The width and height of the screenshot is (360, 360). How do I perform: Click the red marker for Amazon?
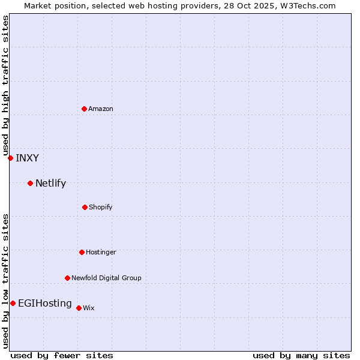coord(85,109)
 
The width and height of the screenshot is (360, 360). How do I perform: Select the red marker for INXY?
coord(10,158)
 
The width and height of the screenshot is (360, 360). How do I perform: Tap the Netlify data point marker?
coord(30,183)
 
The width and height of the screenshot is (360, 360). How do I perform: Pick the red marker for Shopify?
coord(85,207)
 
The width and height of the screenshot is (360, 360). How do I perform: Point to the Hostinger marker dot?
coord(82,252)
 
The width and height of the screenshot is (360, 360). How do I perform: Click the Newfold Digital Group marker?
coord(67,278)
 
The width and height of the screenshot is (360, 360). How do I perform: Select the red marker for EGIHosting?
coord(13,303)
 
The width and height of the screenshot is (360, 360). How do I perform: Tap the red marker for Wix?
coord(79,308)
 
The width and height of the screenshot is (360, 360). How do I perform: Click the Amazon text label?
coord(101,109)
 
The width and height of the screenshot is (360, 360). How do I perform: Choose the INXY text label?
coord(27,158)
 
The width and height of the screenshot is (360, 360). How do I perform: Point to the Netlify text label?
coord(50,184)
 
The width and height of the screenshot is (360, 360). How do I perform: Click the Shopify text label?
coord(101,207)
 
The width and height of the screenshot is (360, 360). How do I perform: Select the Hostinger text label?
coord(101,252)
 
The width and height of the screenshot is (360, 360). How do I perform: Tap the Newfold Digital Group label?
coord(106,278)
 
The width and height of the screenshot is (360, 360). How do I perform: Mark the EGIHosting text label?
coord(45,304)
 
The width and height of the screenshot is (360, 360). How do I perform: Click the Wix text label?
coord(89,308)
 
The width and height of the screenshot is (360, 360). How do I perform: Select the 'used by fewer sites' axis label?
coord(62,355)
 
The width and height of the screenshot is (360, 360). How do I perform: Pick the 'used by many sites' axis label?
coord(301,355)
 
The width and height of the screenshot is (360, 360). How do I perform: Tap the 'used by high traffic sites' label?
coord(5,84)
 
